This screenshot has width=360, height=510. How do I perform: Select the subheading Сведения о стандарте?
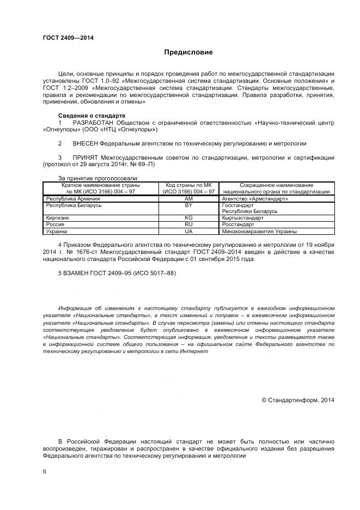pos(91,116)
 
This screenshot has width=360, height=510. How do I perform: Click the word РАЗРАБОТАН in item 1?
pos(96,123)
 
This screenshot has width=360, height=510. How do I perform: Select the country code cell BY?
pos(189,205)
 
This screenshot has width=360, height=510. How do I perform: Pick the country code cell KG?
pos(189,217)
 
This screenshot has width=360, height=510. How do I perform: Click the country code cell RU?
pos(189,224)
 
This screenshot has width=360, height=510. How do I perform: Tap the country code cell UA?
pos(189,231)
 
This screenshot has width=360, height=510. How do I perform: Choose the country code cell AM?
pos(189,199)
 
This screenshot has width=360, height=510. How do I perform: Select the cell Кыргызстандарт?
pos(242,217)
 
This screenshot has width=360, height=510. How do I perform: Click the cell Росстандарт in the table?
pos(238,224)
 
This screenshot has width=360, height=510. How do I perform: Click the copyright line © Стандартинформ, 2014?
pos(298,399)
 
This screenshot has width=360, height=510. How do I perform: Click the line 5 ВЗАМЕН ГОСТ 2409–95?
pos(117,272)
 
